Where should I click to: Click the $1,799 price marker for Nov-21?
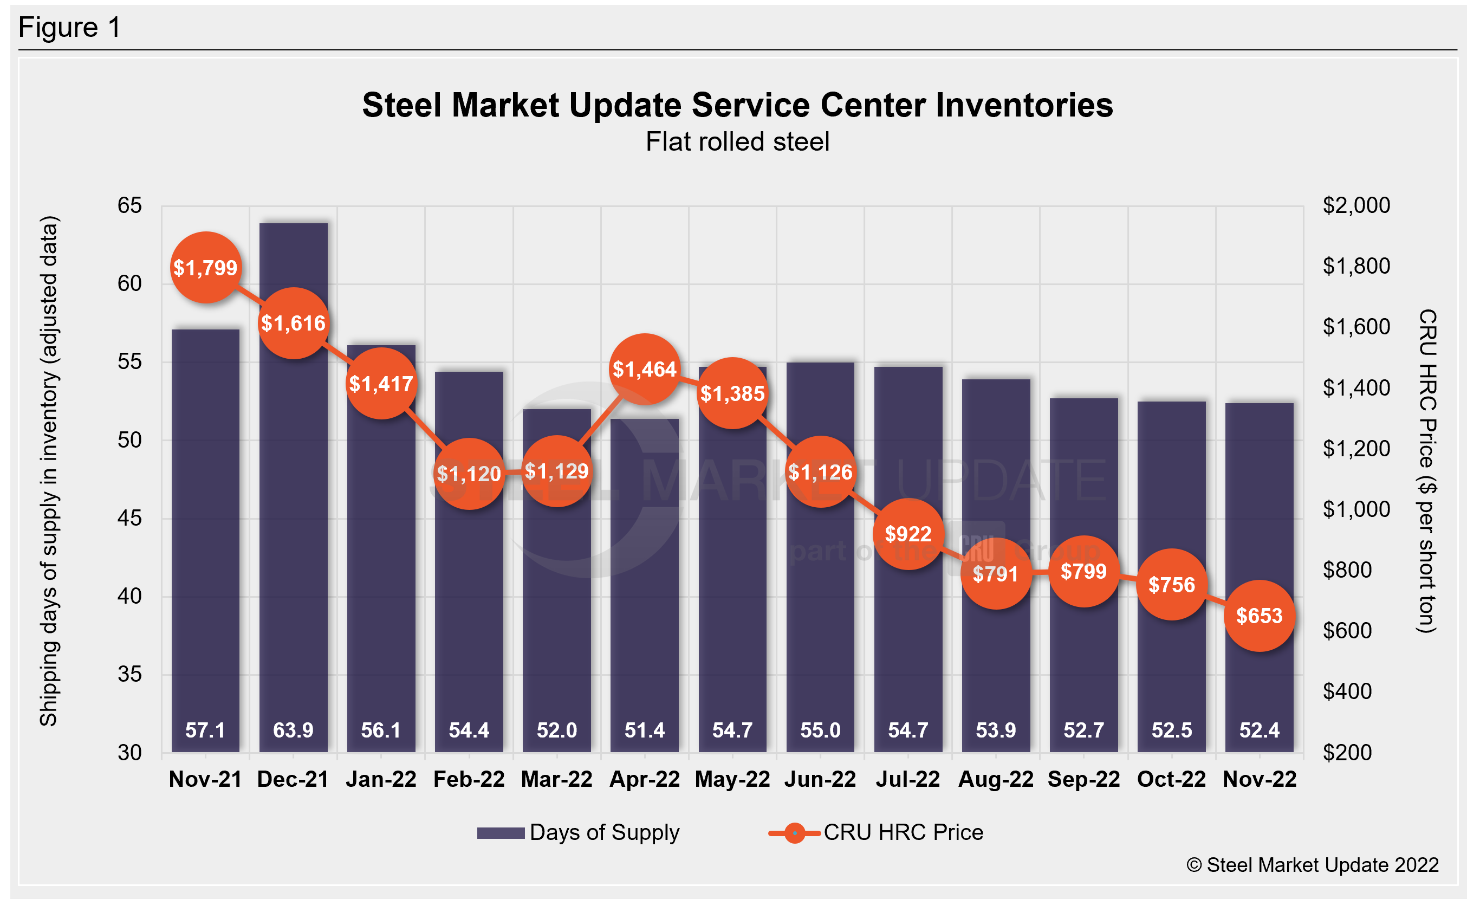point(205,267)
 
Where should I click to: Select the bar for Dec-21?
point(294,536)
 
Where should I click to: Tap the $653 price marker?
point(1259,616)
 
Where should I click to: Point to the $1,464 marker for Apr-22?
point(645,369)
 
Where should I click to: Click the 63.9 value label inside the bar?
point(293,730)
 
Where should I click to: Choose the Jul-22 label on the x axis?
point(907,779)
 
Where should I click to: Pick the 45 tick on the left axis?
point(130,518)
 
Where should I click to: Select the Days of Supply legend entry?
point(577,832)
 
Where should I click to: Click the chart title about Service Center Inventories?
point(738,105)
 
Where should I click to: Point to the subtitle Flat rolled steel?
point(738,141)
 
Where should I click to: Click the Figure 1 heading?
point(70,28)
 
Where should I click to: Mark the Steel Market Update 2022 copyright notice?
point(1313,865)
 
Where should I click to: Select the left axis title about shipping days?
point(49,471)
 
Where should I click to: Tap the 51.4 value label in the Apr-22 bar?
point(645,730)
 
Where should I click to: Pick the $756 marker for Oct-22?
point(1172,585)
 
